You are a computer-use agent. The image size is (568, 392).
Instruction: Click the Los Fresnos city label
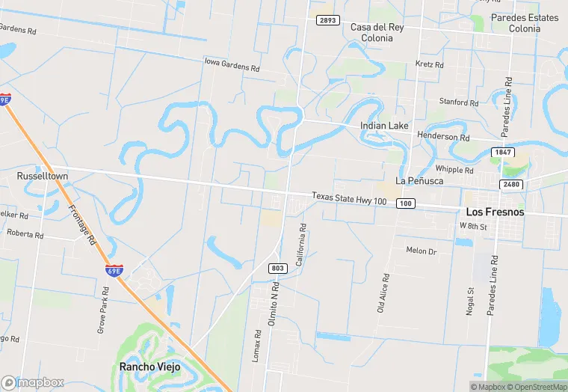pos(495,212)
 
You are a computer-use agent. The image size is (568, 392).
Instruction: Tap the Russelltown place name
pos(43,177)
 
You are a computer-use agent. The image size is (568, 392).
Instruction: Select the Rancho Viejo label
pos(149,367)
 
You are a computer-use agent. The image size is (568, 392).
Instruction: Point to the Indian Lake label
pos(384,126)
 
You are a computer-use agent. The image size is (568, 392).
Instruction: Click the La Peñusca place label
pos(420,180)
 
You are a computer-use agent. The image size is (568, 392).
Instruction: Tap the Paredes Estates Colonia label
pos(524,23)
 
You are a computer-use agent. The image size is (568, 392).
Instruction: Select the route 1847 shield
pos(502,153)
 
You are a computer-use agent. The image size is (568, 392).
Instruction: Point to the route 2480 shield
pos(512,184)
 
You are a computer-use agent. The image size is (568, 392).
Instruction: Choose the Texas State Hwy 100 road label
pos(349,197)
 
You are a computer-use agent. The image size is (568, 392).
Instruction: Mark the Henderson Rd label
pos(443,138)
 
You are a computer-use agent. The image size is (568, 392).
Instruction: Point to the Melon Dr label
pos(421,250)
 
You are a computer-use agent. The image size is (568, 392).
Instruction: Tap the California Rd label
pos(301,245)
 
